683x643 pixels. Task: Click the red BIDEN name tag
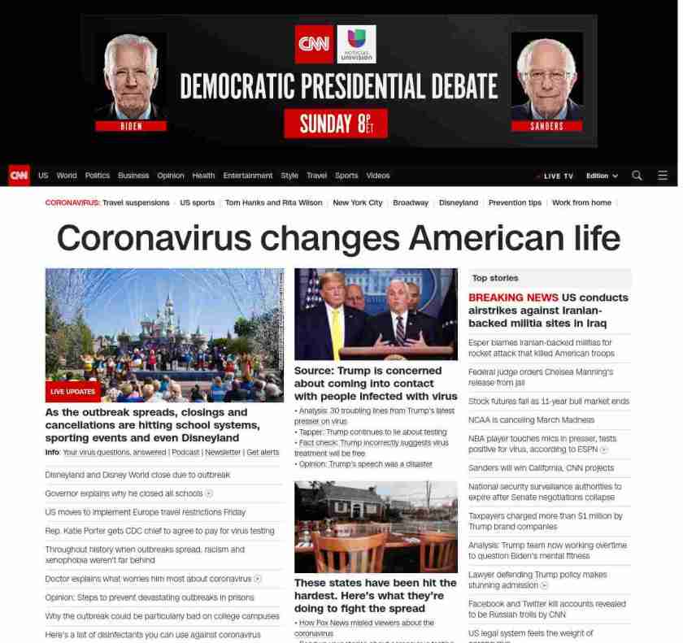pos(131,126)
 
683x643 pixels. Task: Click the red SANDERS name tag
pos(546,126)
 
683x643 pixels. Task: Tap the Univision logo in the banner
pos(356,44)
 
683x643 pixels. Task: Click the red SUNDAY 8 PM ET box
pos(335,124)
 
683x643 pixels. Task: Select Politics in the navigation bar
pos(98,176)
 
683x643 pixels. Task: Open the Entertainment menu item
pos(248,176)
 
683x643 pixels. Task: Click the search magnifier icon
pos(637,176)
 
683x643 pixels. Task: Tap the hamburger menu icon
pos(663,176)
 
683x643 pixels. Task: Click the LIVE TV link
pos(558,176)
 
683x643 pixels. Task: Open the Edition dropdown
pos(602,176)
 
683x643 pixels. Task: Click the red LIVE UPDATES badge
pos(72,392)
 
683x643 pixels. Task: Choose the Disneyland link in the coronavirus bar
pos(459,202)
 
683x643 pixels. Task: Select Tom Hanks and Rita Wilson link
pos(273,202)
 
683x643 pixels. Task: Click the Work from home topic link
pos(581,202)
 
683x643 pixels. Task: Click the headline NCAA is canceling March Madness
pos(531,419)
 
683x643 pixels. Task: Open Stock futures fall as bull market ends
pos(549,401)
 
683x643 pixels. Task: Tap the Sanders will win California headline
pos(541,467)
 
